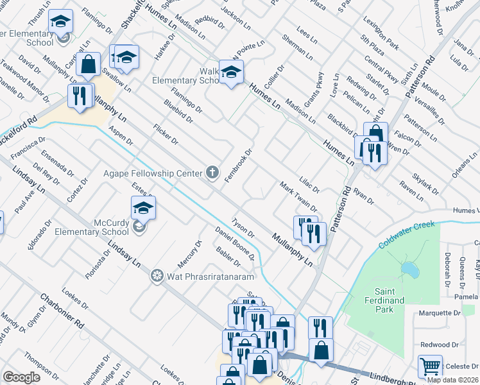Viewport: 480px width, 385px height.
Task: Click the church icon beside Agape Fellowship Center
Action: click(213, 172)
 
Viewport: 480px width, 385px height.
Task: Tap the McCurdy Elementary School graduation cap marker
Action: click(143, 208)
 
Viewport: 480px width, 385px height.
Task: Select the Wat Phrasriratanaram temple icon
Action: click(155, 277)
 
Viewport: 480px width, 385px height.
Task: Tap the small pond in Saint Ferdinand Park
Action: click(408, 268)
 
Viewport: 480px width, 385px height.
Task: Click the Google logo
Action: click(21, 377)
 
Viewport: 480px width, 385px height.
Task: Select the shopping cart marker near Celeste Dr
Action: click(430, 367)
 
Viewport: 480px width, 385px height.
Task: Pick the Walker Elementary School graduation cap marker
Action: click(230, 71)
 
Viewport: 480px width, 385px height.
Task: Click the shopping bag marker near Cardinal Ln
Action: click(89, 64)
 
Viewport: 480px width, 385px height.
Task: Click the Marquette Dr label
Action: click(440, 313)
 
